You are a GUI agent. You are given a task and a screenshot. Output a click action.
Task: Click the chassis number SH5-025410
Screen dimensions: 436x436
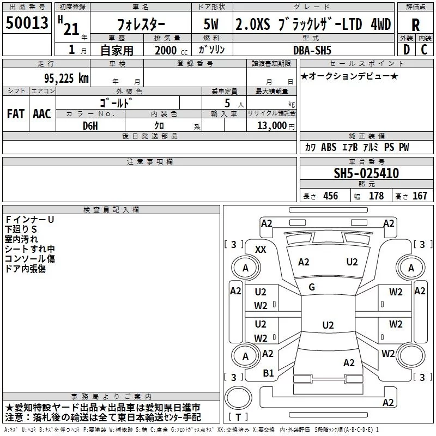click(x=366, y=174)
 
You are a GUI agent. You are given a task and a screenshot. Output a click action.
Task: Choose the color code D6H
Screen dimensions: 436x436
click(x=90, y=125)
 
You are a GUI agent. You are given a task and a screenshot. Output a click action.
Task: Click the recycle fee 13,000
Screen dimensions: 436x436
click(x=271, y=125)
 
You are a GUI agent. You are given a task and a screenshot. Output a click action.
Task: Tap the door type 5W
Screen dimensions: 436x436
click(x=212, y=25)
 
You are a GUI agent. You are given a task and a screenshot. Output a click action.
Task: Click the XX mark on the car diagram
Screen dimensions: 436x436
click(x=261, y=249)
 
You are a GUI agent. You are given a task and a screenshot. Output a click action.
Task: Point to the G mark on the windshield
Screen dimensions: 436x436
click(x=312, y=287)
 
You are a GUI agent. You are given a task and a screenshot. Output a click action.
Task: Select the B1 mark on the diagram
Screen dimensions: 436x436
click(x=268, y=373)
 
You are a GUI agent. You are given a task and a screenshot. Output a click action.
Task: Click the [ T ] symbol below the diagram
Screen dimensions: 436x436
click(x=238, y=417)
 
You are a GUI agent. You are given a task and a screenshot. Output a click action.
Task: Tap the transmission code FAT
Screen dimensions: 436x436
click(x=16, y=114)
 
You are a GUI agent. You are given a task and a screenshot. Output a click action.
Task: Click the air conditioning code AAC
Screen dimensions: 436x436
click(x=41, y=114)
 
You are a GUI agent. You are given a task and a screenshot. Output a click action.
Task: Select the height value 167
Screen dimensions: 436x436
click(x=420, y=196)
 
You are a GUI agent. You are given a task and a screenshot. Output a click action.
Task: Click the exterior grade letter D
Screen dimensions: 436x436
click(x=406, y=50)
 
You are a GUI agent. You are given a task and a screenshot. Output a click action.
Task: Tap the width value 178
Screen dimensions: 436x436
click(x=376, y=196)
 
